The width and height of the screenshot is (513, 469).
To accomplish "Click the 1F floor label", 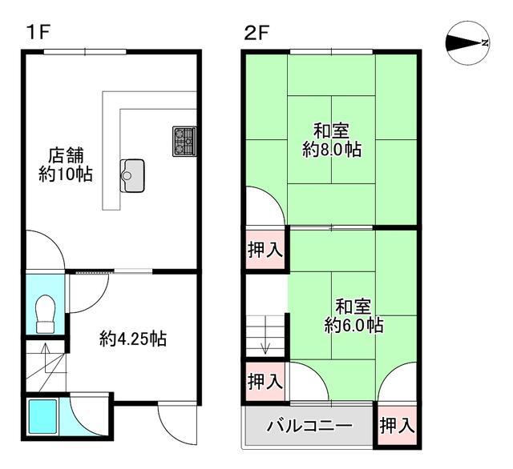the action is coord(38,33).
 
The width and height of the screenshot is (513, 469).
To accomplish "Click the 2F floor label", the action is coord(256,33).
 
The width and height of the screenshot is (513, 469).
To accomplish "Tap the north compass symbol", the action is coord(468,42).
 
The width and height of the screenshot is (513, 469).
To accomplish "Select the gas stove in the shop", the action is coord(184,141).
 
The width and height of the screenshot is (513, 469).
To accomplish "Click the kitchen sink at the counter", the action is coord(132,175).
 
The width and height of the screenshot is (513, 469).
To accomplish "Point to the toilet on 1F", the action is coord(45,314).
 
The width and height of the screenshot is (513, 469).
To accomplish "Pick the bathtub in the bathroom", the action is coord(42,416).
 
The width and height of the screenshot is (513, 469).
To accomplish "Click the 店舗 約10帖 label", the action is coord(66,165).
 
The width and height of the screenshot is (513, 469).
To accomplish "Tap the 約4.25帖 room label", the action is coord(133,339).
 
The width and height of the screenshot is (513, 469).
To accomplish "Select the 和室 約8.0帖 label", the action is coord(332,140).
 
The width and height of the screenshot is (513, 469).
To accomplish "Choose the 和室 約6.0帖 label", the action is coord(353,316).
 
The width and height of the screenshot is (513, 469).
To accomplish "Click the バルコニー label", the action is coord(309,426).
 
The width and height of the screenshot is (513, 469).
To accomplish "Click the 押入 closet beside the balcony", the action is coord(398,426).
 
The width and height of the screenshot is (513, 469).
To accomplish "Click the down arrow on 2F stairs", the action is coord(265,335).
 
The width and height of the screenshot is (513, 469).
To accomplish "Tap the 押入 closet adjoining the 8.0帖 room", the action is coord(265,250).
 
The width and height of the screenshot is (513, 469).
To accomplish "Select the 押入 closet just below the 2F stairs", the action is coord(265,381).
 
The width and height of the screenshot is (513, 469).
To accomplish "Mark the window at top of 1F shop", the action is coord(85,51).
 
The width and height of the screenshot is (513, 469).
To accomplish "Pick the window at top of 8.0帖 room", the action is coord(331,51).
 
